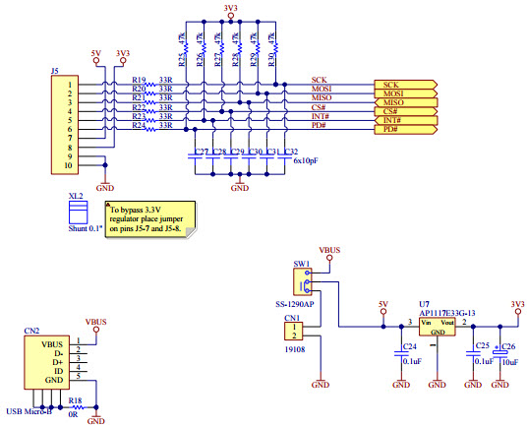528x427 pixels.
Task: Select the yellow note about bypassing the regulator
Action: pyautogui.click(x=150, y=218)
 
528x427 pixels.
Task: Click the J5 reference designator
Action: pyautogui.click(x=54, y=71)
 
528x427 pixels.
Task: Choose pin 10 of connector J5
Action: pyautogui.click(x=70, y=166)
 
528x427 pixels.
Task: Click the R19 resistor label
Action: pyautogui.click(x=139, y=81)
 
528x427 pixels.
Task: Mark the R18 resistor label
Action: pyautogui.click(x=75, y=401)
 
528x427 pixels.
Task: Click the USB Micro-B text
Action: pyautogui.click(x=31, y=410)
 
